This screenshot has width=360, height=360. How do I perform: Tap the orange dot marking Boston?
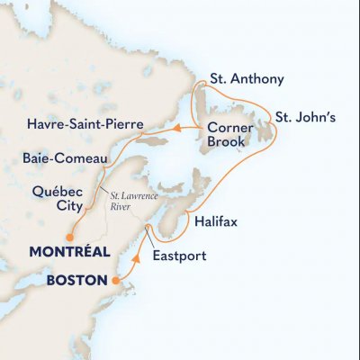[114, 281]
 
